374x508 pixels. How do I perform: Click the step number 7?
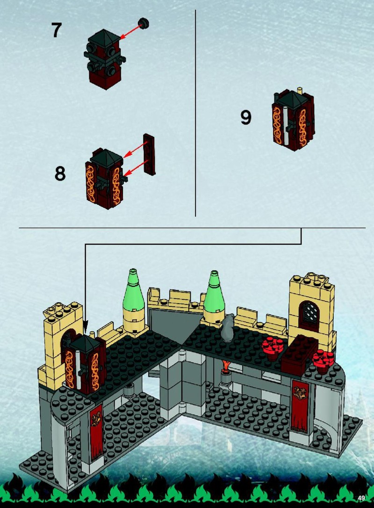(x=57, y=30)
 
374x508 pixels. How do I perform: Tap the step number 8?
(x=60, y=174)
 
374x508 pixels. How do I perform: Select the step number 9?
(x=246, y=117)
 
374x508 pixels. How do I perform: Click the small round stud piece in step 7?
(x=143, y=22)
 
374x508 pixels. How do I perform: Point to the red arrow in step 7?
(x=130, y=31)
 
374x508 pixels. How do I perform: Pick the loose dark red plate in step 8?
(x=149, y=154)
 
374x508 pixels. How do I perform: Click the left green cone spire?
(x=133, y=287)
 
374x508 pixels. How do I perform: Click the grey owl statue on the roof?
(x=228, y=327)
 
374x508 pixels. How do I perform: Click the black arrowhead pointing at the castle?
(x=86, y=325)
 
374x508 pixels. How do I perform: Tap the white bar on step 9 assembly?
(x=285, y=124)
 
